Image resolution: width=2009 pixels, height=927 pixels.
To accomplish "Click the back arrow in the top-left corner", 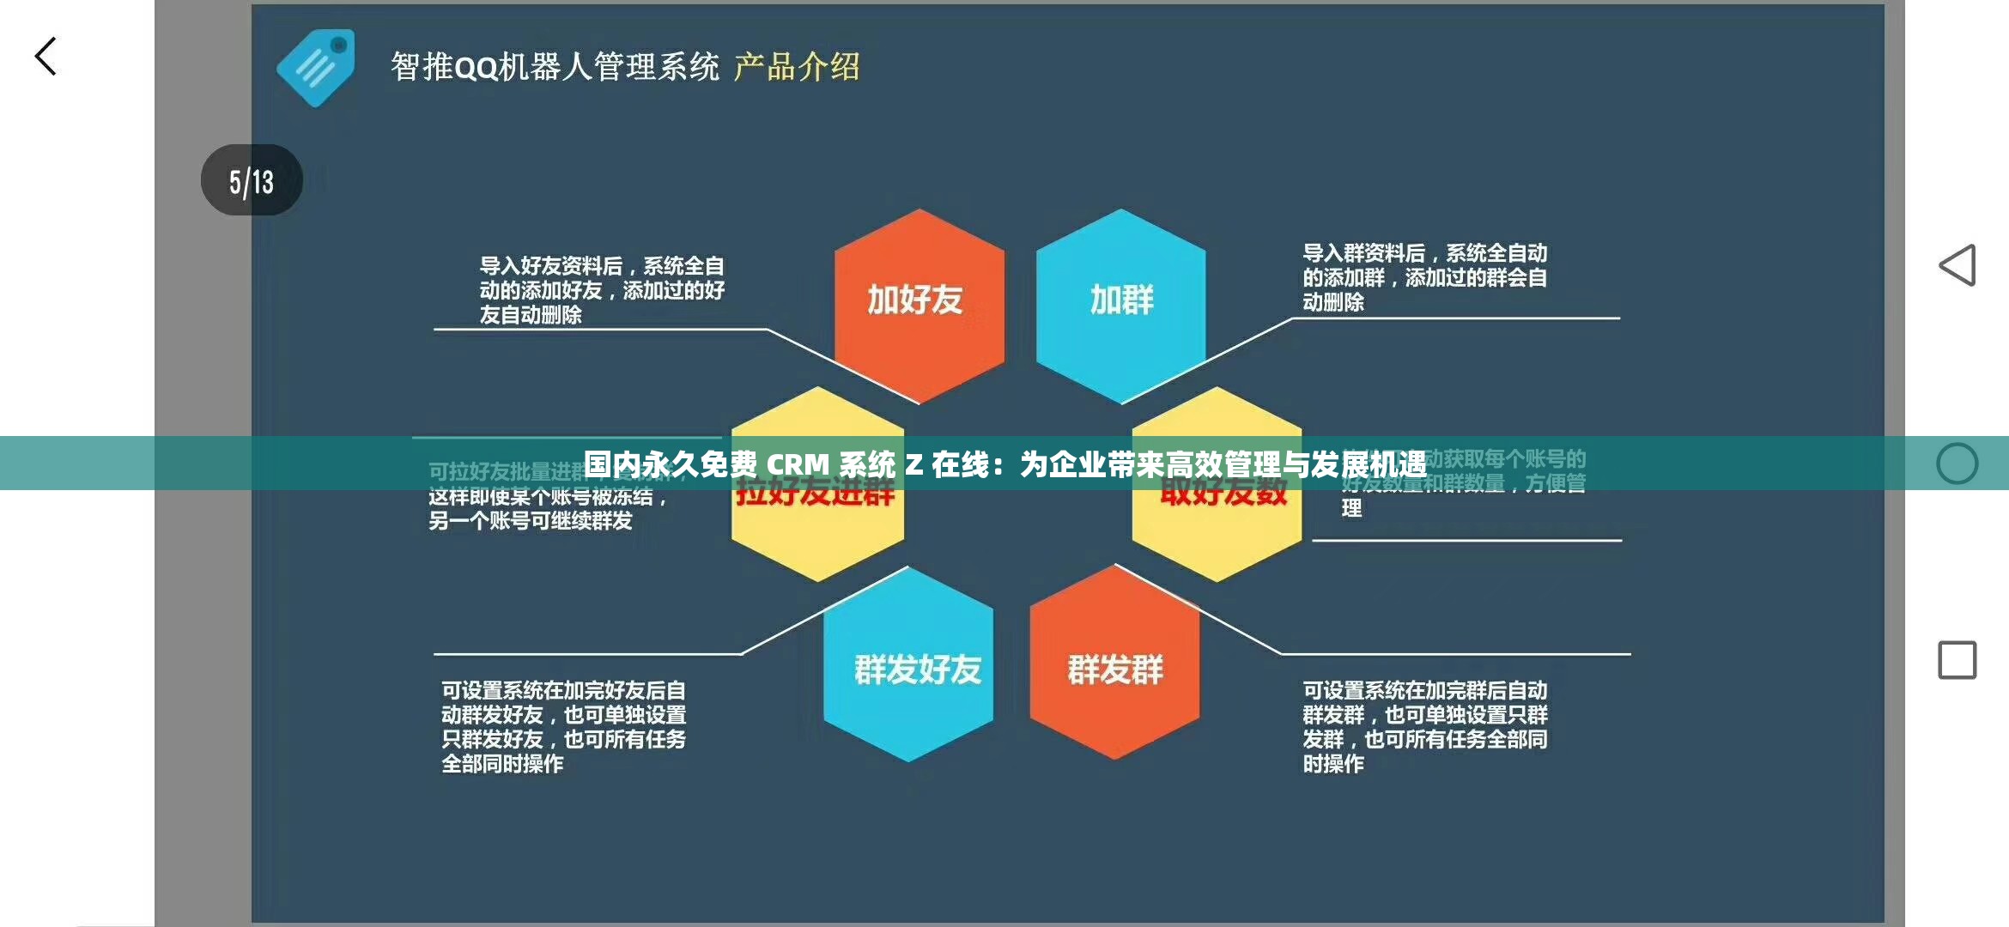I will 46,57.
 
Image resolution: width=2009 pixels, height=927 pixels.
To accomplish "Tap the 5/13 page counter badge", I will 252,180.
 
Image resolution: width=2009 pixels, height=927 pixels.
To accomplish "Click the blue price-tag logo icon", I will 316,68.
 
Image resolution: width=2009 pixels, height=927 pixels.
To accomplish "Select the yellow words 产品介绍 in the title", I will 796,67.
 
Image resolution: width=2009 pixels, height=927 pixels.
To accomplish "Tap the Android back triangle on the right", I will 1957,265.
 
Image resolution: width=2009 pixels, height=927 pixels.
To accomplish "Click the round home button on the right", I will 1957,463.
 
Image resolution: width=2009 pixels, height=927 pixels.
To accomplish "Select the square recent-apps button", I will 1957,660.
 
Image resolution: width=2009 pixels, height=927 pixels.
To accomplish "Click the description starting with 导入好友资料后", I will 601,290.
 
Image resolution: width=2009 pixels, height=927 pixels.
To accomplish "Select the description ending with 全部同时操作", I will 563,726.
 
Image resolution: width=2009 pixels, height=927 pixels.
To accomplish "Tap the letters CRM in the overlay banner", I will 798,464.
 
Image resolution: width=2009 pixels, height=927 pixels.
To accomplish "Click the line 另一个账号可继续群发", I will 531,521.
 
